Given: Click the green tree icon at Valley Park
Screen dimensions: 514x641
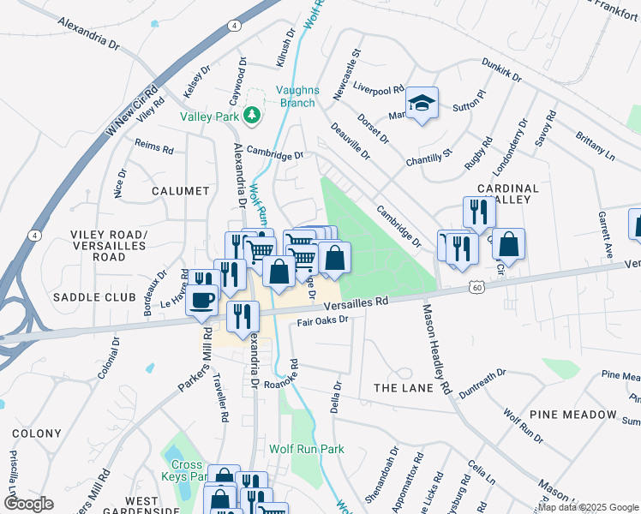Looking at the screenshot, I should point(251,114).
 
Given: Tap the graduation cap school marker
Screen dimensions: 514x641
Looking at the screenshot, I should point(421,104).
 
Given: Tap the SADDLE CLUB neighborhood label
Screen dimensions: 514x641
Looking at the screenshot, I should point(94,297).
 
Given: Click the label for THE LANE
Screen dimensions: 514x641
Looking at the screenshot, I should point(400,388).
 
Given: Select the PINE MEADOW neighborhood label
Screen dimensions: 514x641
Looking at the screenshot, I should point(578,415).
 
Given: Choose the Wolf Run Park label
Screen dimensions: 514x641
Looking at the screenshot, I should point(306,449).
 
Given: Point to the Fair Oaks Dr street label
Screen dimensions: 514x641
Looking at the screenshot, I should point(323,321).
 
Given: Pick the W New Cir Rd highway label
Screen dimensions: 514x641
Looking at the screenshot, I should point(132,110).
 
